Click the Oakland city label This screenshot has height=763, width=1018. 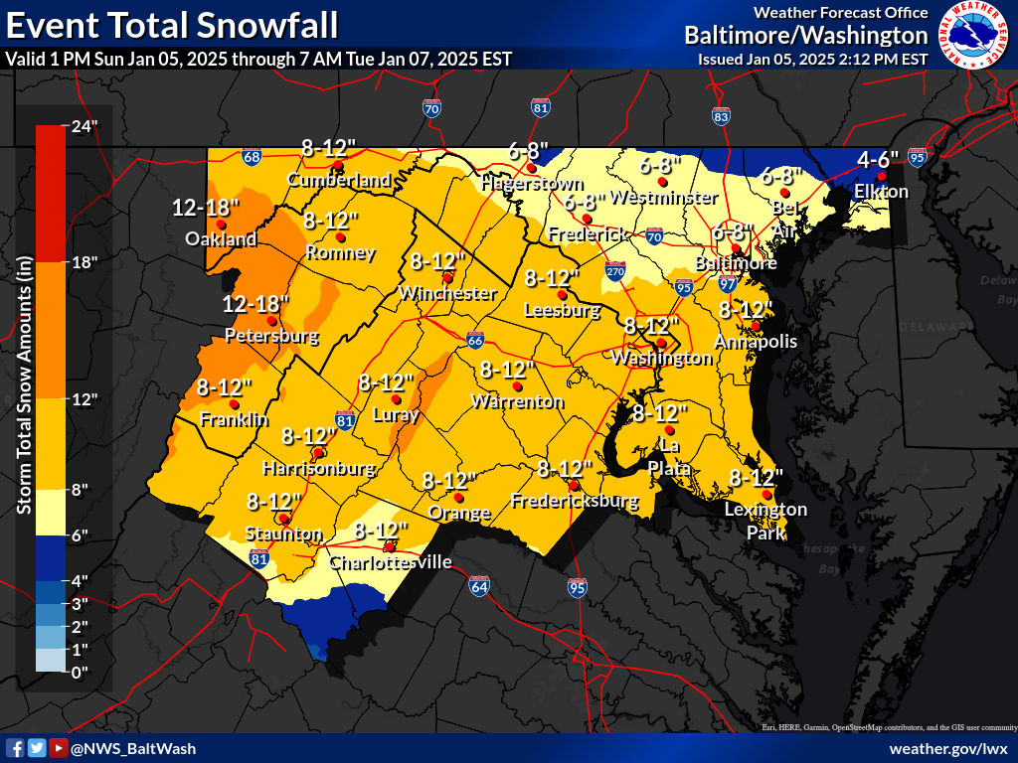tap(221, 239)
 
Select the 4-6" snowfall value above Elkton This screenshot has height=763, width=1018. tap(878, 159)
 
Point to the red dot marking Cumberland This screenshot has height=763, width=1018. tap(338, 165)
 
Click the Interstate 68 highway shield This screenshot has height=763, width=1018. tap(252, 156)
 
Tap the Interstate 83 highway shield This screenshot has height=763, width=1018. tap(722, 116)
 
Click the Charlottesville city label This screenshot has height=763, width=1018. tap(390, 563)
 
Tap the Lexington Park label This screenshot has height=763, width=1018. tap(766, 522)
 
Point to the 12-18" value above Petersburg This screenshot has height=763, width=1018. tap(256, 303)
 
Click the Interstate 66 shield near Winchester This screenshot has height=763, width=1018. tap(476, 341)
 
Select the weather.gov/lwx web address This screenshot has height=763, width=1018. tap(948, 748)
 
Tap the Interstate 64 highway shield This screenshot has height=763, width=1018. tap(479, 586)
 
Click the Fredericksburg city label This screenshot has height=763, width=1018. tap(574, 502)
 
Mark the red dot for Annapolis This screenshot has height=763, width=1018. tap(756, 325)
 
